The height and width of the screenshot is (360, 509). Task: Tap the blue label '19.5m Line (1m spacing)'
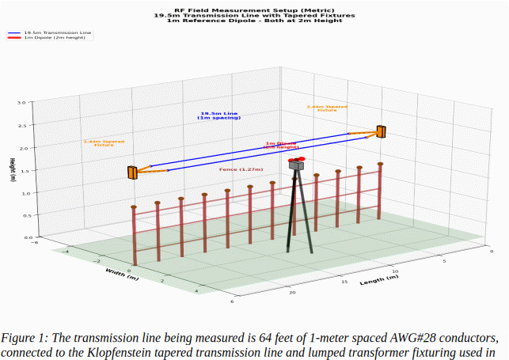coord(218,116)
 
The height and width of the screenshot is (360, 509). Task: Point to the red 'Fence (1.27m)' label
coord(241,169)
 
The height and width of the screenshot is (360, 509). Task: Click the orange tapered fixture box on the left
coord(132,172)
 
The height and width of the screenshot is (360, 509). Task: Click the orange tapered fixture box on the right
coord(382,131)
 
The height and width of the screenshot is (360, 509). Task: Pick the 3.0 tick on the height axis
coord(21,103)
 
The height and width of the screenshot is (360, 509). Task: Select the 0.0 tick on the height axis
coord(21,237)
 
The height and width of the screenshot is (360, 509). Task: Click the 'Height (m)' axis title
coord(12,170)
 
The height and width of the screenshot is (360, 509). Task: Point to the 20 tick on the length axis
coord(294,293)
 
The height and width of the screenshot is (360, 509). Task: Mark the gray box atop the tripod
coord(296,166)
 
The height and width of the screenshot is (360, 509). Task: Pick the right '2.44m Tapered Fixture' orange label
coord(327,108)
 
